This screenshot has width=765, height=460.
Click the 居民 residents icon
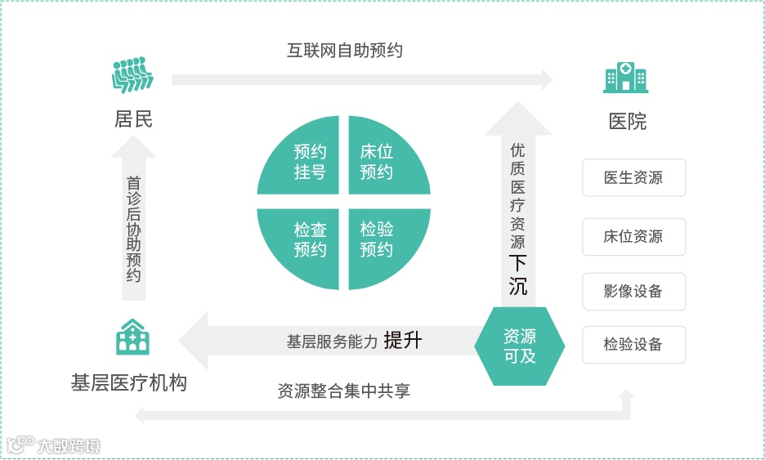pyautogui.click(x=132, y=75)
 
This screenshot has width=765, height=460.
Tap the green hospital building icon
pyautogui.click(x=625, y=78)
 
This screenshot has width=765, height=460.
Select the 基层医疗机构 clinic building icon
pyautogui.click(x=132, y=337)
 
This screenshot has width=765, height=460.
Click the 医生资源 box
pyautogui.click(x=633, y=178)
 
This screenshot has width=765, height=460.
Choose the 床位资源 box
pyautogui.click(x=633, y=237)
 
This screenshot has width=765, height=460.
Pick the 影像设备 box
pyautogui.click(x=633, y=291)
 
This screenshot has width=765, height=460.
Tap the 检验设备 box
pyautogui.click(x=633, y=345)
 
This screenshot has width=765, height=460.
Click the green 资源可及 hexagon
pyautogui.click(x=520, y=346)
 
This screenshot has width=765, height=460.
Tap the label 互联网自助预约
pyautogui.click(x=344, y=51)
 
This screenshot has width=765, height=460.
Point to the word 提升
pyautogui.click(x=402, y=340)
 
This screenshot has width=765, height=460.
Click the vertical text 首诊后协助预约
pyautogui.click(x=134, y=230)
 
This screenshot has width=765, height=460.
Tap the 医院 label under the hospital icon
pyautogui.click(x=628, y=122)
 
